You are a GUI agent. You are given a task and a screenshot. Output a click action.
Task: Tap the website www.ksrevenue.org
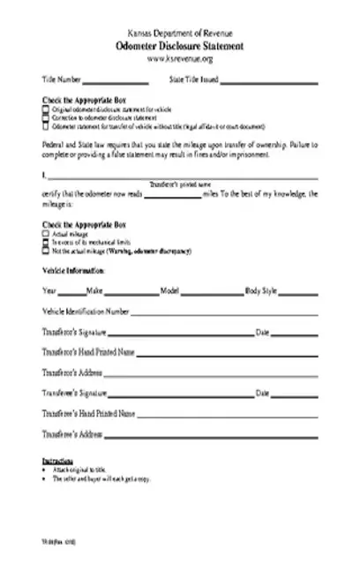(x=180, y=57)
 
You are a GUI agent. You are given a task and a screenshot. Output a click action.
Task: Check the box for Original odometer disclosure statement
(x=45, y=109)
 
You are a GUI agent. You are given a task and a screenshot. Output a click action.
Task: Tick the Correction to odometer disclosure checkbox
(x=45, y=116)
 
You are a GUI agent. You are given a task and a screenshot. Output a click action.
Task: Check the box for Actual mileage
(x=45, y=234)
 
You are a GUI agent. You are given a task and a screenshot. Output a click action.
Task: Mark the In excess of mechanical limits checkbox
(x=45, y=242)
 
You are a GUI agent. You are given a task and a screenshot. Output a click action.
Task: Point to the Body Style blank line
(x=303, y=292)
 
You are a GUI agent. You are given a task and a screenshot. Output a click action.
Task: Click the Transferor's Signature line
(x=198, y=335)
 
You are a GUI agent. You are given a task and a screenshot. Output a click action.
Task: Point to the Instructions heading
(x=57, y=461)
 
